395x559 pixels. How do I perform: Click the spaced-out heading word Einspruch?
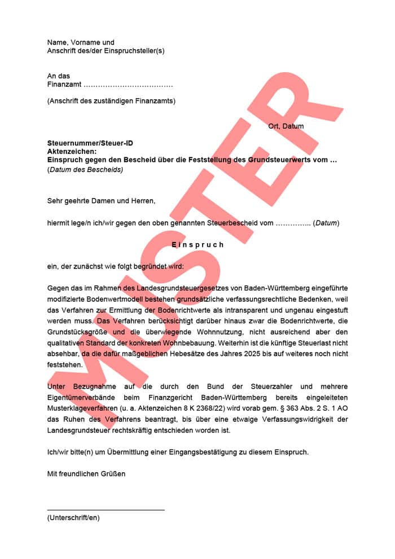(x=197, y=245)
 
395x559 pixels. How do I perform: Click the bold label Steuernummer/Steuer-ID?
(x=90, y=144)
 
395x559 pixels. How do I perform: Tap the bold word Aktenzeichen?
(x=72, y=152)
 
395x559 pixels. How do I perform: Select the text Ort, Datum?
(x=286, y=126)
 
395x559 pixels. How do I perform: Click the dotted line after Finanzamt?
(x=128, y=85)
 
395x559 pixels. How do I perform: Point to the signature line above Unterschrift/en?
(x=106, y=510)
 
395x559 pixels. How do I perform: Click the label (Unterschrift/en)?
(x=73, y=517)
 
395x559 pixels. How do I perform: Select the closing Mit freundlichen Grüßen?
(x=86, y=474)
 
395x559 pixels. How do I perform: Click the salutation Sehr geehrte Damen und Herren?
(x=101, y=200)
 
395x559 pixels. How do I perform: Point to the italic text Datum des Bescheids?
(x=85, y=169)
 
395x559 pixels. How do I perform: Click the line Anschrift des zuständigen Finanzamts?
(x=111, y=101)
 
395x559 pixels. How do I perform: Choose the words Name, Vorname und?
(x=81, y=42)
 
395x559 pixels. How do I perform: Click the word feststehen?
(x=65, y=364)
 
